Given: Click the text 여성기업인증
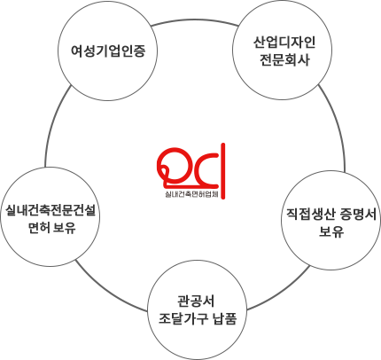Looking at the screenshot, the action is tap(108, 51).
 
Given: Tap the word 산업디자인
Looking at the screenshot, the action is tap(284, 43).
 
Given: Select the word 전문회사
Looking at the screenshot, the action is tap(284, 60).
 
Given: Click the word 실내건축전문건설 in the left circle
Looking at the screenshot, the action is tap(51, 210).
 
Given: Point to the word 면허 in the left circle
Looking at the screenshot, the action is tap(38, 228).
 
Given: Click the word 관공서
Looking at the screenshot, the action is tap(196, 301).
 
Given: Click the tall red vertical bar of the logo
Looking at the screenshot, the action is tap(223, 171).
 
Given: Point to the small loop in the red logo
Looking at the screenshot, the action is tap(165, 174).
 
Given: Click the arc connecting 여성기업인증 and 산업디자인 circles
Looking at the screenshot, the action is tap(195, 21).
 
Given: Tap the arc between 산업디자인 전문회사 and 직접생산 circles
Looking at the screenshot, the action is tap(338, 124).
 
